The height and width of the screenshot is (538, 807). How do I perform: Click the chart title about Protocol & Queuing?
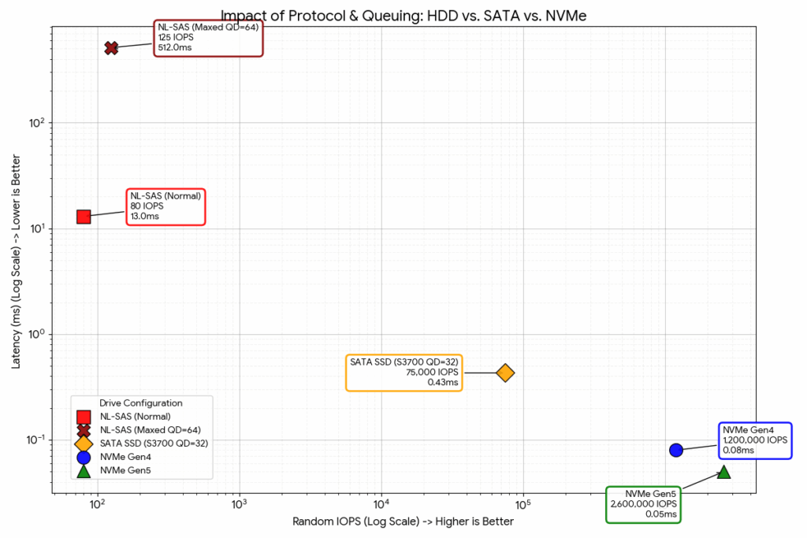pos(403,15)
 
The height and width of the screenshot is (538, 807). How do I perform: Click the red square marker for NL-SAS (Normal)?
pos(84,216)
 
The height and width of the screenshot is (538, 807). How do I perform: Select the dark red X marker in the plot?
pos(111,48)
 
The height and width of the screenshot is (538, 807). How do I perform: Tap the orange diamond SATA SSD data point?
pos(505,373)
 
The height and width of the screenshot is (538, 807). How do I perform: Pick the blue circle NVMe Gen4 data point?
pos(675,450)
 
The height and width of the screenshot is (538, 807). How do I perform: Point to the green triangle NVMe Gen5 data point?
pos(723,472)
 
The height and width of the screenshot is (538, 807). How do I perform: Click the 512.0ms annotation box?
pos(208,38)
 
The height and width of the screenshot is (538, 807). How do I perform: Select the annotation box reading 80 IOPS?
pos(166,206)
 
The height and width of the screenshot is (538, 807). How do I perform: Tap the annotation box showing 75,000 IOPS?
pos(404,372)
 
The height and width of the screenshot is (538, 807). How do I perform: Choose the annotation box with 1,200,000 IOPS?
pos(754,440)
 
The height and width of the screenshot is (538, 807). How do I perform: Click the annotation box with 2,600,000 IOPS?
pos(643,504)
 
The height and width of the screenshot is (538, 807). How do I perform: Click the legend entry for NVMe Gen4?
pos(127,457)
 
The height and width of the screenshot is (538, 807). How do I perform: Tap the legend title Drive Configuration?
pos(141,403)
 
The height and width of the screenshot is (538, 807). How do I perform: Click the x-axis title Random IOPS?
pos(403,521)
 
